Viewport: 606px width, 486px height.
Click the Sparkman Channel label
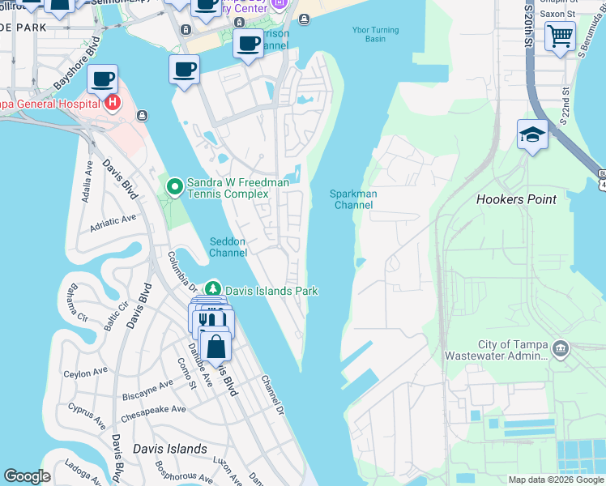352,199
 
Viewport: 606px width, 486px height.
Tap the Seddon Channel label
228,247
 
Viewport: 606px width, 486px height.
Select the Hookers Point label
516,199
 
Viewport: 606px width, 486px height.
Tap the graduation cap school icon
533,134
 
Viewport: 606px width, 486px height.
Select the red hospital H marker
112,103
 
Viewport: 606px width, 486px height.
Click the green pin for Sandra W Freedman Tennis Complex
174,188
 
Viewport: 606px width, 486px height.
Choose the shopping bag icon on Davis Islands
216,347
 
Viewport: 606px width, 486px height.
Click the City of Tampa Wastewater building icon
561,349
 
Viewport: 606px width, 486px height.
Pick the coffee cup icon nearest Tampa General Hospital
103,80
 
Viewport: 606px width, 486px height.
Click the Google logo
27,476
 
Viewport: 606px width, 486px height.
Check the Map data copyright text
555,480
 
